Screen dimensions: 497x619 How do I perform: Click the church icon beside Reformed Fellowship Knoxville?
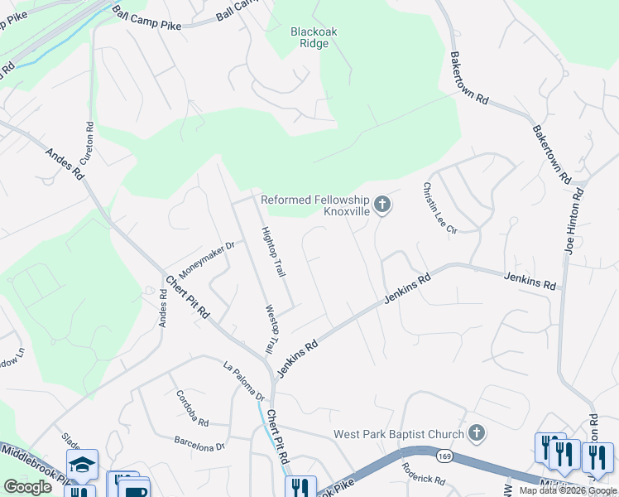(382, 204)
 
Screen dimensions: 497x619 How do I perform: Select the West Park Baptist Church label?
(398, 434)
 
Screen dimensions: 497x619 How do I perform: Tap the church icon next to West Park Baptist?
(476, 432)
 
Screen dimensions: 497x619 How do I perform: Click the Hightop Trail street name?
(273, 252)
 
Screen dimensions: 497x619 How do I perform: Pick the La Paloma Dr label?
(243, 379)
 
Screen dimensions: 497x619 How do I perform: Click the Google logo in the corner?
(27, 487)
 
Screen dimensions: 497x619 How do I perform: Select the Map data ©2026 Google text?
(568, 490)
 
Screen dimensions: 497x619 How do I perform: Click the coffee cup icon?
(133, 490)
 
